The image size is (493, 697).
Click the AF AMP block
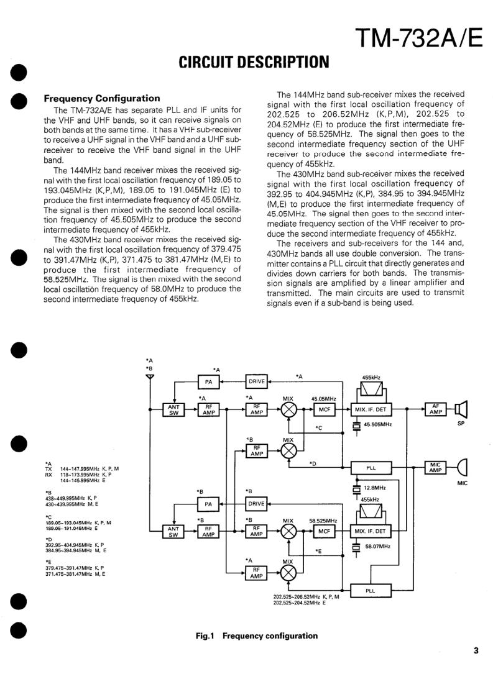(435, 408)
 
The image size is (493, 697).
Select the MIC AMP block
(435, 467)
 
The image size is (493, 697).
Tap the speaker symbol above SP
(461, 409)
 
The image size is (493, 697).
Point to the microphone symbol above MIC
(461, 467)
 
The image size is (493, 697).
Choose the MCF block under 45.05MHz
(323, 409)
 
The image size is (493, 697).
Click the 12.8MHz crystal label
(375, 488)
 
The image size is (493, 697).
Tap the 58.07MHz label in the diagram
(377, 546)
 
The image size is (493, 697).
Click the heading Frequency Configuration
(102, 98)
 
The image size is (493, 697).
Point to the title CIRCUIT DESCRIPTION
(253, 62)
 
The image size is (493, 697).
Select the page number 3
(476, 651)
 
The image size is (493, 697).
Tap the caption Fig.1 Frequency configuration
(256, 635)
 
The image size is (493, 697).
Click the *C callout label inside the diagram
(318, 428)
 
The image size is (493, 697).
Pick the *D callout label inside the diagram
(313, 463)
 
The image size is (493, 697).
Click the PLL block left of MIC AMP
(371, 468)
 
